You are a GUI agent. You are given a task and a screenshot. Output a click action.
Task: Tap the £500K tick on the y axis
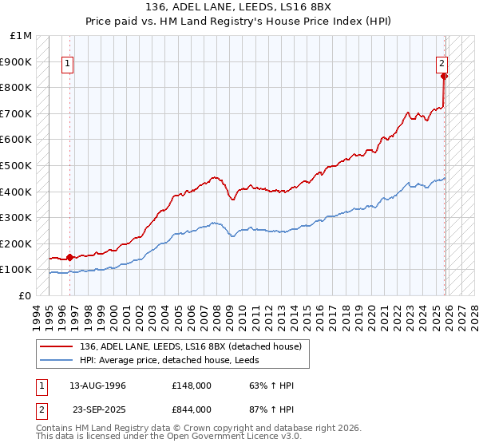(x=16, y=165)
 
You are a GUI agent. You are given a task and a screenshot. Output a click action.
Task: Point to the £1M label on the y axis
(x=22, y=36)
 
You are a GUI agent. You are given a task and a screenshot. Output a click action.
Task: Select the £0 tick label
(x=25, y=295)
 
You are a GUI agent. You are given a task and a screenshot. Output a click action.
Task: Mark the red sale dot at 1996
(x=69, y=257)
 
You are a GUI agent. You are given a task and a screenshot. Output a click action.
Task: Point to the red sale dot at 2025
(x=445, y=77)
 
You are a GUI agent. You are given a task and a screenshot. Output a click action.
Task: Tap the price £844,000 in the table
(x=191, y=408)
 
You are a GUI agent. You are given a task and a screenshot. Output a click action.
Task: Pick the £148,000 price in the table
(x=191, y=386)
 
